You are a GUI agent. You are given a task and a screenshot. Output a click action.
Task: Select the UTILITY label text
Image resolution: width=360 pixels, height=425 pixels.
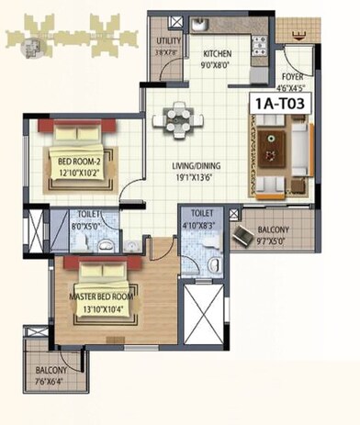[168, 41]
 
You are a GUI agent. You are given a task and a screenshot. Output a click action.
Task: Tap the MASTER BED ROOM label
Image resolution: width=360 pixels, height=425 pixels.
[101, 296]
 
